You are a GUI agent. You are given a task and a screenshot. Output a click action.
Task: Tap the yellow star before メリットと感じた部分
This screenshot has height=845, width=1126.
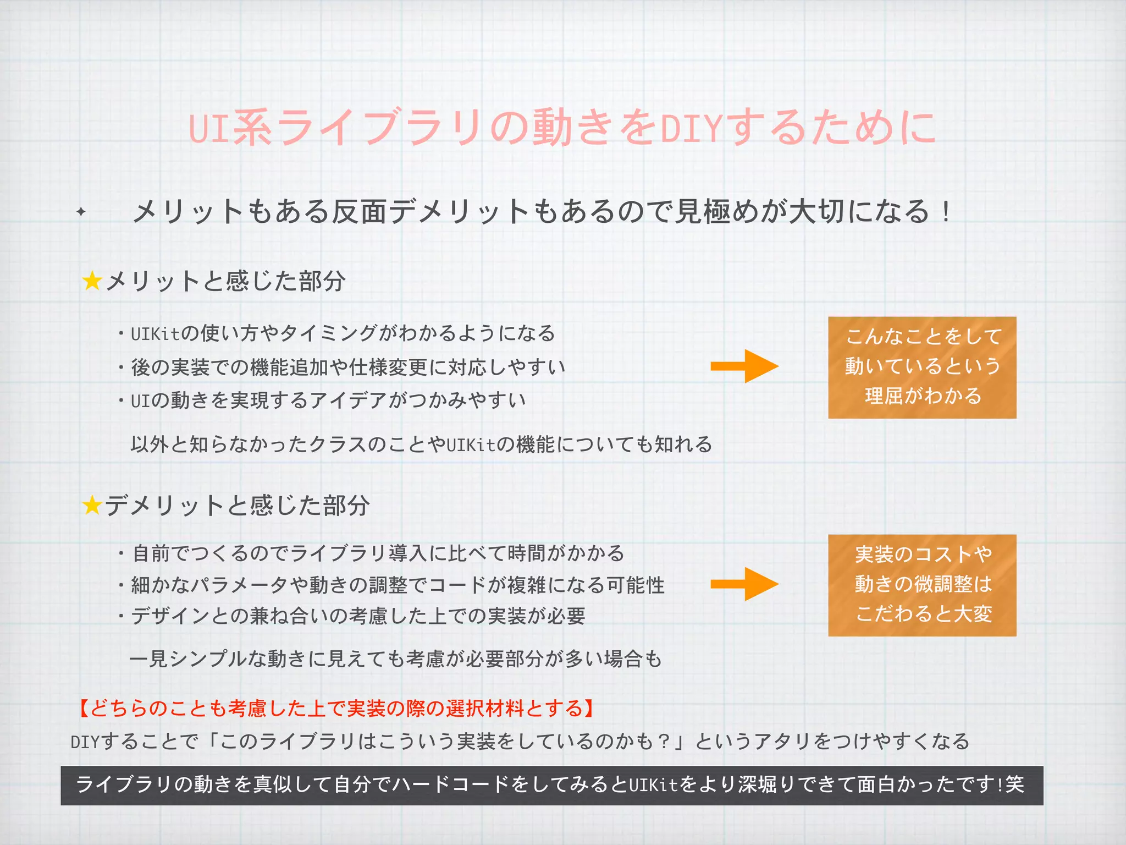pyautogui.click(x=92, y=281)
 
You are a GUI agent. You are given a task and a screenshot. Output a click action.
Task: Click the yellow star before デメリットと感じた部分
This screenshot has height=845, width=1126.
pyautogui.click(x=92, y=505)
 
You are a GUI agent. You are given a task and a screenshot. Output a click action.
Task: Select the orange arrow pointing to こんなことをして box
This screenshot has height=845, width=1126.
pyautogui.click(x=744, y=366)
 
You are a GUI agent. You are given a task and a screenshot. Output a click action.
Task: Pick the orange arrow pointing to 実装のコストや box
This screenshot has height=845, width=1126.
pyautogui.click(x=744, y=584)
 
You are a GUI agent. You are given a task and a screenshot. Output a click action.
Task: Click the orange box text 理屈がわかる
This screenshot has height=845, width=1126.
pyautogui.click(x=923, y=396)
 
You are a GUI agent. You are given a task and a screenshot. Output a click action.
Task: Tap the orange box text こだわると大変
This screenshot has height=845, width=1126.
pyautogui.click(x=923, y=613)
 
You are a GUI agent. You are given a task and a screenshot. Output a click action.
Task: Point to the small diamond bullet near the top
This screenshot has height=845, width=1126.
pyautogui.click(x=81, y=211)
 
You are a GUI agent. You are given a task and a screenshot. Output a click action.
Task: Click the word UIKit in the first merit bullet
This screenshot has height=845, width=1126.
pyautogui.click(x=156, y=334)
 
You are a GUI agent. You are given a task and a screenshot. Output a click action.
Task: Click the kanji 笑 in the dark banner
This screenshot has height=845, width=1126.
pyautogui.click(x=1015, y=784)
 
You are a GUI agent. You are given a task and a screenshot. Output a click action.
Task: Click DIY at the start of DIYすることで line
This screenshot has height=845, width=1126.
pyautogui.click(x=85, y=742)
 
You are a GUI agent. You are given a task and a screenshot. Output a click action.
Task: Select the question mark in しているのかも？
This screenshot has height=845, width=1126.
pyautogui.click(x=664, y=742)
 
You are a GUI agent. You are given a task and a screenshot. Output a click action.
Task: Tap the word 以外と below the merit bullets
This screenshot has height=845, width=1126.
pyautogui.click(x=159, y=444)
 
